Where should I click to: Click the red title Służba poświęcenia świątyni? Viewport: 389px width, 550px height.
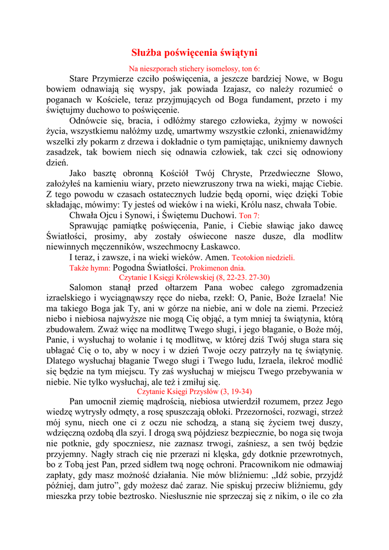(195, 53)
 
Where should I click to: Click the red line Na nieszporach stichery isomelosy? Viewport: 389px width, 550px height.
(195, 69)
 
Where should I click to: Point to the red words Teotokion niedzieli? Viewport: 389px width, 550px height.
(264, 257)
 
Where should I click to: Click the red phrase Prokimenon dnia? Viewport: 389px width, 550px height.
(218, 267)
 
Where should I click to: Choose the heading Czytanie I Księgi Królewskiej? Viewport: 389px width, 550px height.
(195, 278)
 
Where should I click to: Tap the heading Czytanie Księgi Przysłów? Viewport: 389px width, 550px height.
(195, 392)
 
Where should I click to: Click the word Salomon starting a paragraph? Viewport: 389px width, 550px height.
(87, 288)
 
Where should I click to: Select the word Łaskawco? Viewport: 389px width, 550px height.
(219, 247)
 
